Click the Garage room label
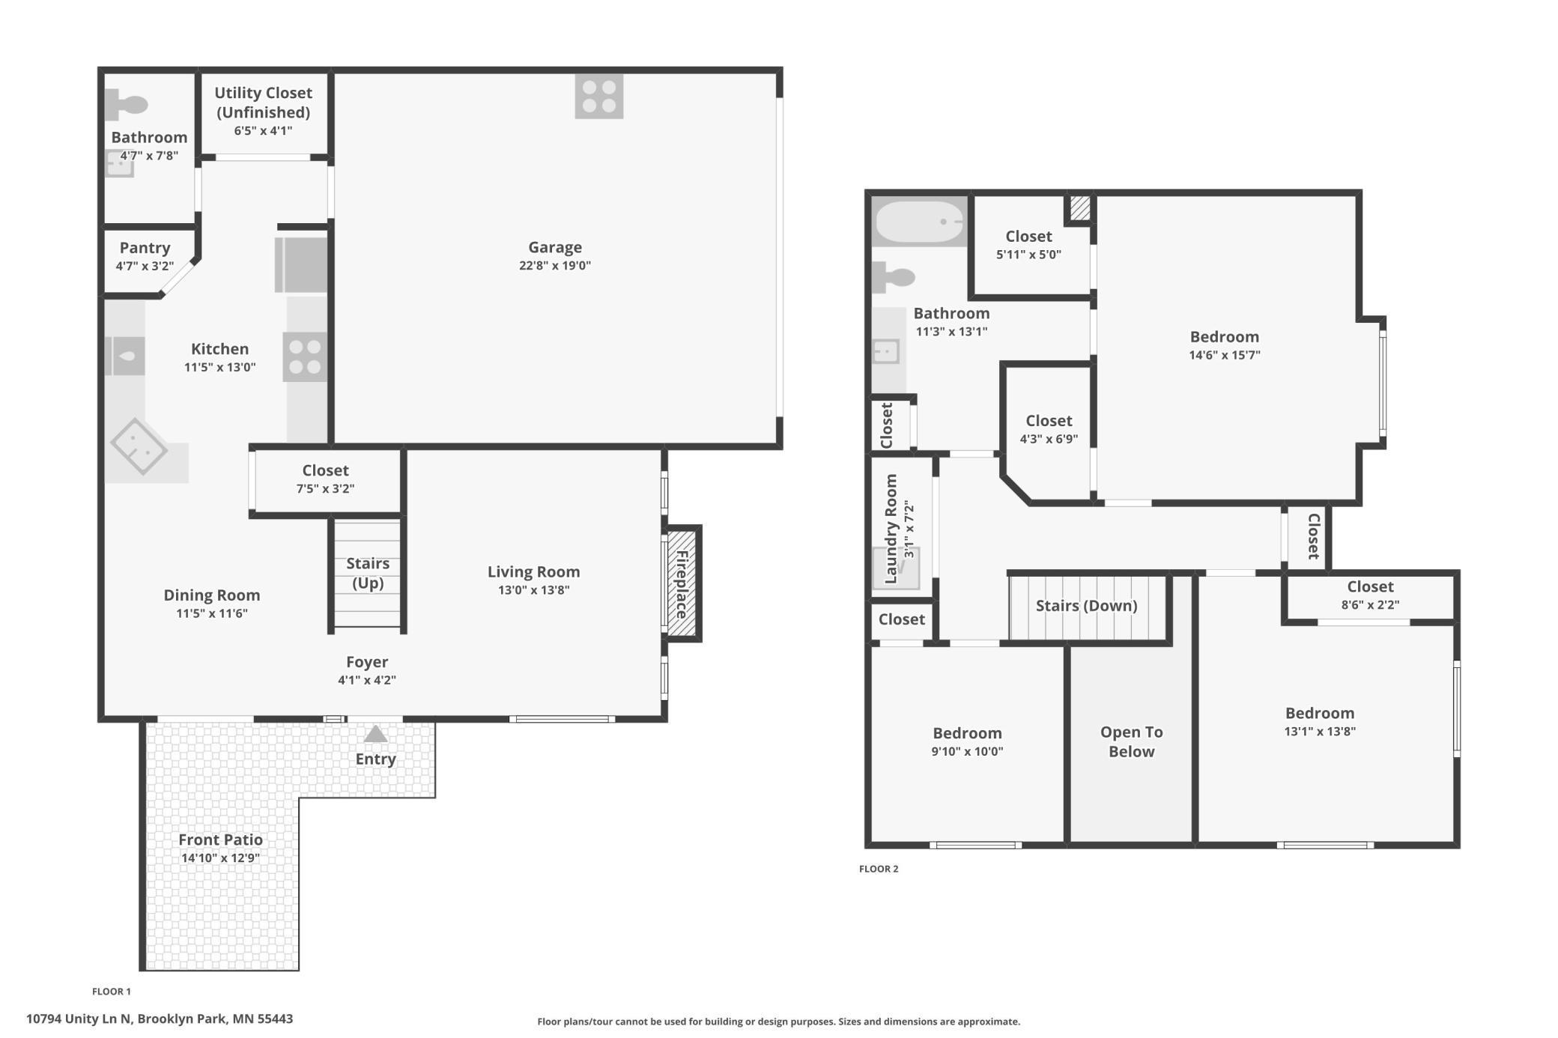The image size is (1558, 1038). coord(554,247)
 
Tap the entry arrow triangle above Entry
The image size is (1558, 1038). coord(375,734)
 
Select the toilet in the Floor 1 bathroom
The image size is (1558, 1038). coord(126,104)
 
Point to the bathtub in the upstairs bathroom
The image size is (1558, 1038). coord(920,221)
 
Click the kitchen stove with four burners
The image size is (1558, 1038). coord(305,356)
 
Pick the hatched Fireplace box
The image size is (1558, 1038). coord(682,583)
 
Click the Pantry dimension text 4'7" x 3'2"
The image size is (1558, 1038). coord(145,266)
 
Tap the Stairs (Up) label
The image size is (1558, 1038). coord(368,573)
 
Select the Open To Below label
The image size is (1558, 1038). coord(1131,741)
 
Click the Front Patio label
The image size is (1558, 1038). coord(220,840)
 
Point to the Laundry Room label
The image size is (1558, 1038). coord(891,529)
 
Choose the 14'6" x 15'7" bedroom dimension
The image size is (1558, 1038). coord(1225,355)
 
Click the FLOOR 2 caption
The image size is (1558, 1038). coord(879,869)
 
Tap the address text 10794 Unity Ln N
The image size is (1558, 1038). coord(79,1019)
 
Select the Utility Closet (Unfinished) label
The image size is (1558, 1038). coord(263,103)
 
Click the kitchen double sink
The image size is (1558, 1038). coord(124,356)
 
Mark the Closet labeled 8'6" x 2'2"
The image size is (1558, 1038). coord(1370,595)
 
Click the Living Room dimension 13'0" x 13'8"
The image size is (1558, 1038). coord(534,590)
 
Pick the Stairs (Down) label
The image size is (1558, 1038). coord(1086,605)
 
